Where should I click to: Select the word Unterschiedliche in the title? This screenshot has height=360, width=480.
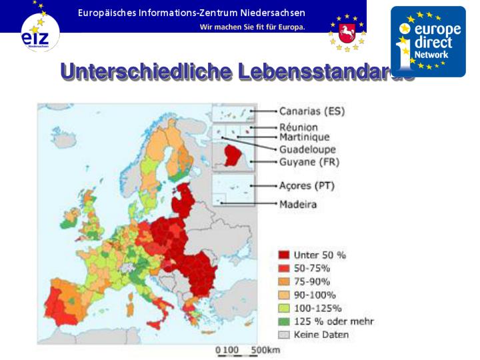143,71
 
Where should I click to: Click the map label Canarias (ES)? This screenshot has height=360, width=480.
311,111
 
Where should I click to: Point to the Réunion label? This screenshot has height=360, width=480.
298,127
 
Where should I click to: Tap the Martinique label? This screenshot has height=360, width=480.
304,137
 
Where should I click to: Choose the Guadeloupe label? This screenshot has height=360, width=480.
307,149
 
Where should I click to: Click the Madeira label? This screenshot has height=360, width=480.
297,204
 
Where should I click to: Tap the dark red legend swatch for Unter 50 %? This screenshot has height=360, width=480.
283,255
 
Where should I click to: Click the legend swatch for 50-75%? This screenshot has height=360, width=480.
283,268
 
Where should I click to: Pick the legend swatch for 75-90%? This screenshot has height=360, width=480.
283,281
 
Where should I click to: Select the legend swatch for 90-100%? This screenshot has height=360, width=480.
283,295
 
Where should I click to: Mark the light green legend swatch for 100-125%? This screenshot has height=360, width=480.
283,308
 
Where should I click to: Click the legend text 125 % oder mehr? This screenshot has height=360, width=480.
333,321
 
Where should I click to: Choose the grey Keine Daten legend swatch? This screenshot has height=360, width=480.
283,335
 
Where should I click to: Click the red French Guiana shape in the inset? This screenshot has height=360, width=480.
234,153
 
